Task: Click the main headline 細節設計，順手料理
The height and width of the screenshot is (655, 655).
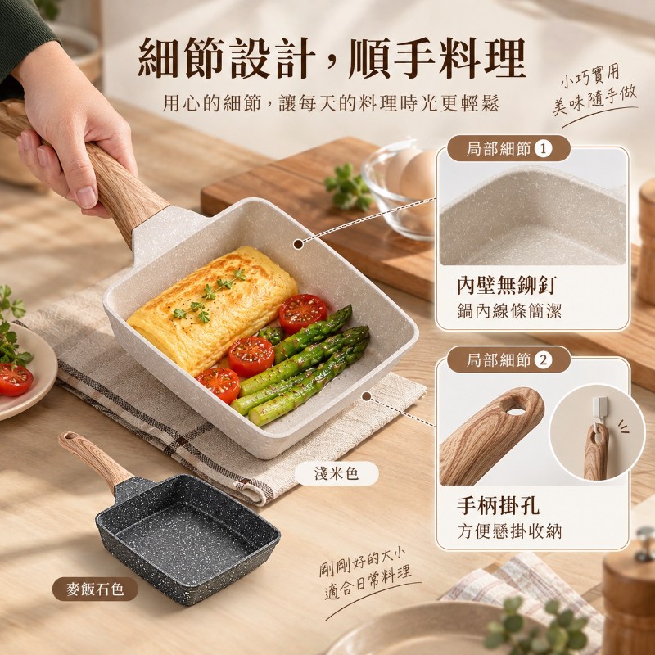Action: [332, 58]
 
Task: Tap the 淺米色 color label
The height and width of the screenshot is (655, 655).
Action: [337, 473]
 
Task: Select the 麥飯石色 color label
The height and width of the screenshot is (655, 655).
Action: [95, 589]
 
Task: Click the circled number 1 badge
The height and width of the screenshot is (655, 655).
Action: [543, 149]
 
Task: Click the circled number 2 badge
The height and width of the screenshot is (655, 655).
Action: [543, 359]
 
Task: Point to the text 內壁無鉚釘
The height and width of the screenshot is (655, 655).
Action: [507, 286]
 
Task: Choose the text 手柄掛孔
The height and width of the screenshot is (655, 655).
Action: [498, 505]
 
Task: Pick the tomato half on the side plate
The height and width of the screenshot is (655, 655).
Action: [15, 379]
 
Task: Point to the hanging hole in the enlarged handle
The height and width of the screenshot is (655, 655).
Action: [517, 411]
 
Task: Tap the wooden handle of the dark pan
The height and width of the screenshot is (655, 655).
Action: [94, 459]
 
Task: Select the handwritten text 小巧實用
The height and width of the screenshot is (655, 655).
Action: [589, 76]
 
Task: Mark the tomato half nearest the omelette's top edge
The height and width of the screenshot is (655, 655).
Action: [303, 314]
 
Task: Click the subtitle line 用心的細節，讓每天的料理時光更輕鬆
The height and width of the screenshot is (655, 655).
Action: [331, 103]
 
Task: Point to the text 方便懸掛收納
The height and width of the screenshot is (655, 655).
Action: [509, 531]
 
